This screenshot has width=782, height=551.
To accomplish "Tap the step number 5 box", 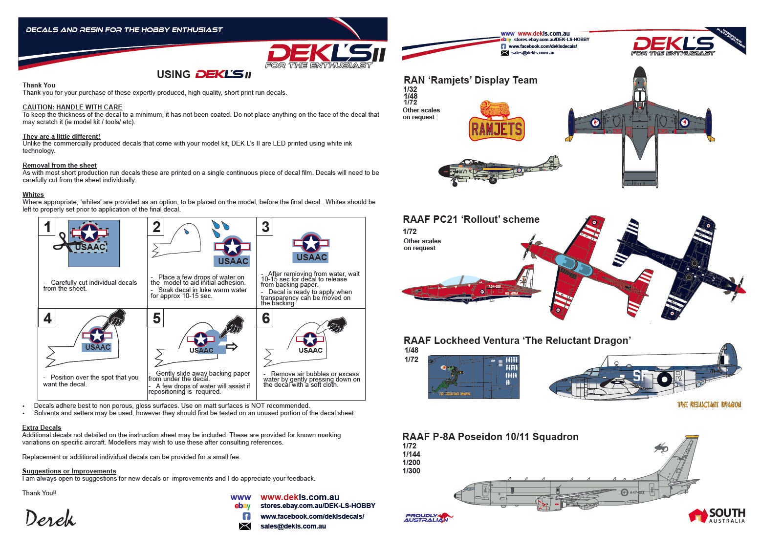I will pyautogui.click(x=156, y=318).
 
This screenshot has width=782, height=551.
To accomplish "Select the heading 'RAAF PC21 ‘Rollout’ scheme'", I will pyautogui.click(x=471, y=219).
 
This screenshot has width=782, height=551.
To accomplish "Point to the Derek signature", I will pyautogui.click(x=50, y=518).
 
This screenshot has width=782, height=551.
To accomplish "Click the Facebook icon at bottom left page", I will pyautogui.click(x=246, y=516).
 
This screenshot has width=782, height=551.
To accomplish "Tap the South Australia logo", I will pyautogui.click(x=717, y=515).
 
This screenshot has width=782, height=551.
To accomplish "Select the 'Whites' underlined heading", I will pyautogui.click(x=33, y=194).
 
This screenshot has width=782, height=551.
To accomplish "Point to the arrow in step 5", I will pyautogui.click(x=232, y=346).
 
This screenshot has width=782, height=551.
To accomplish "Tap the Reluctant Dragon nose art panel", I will pyautogui.click(x=473, y=377).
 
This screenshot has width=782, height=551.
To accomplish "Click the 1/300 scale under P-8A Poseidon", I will pyautogui.click(x=412, y=471).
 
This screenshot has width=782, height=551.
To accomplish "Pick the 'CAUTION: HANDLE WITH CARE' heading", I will pyautogui.click(x=72, y=107).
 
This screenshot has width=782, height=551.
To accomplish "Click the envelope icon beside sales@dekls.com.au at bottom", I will pyautogui.click(x=245, y=526).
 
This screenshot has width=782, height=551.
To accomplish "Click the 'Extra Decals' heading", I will pyautogui.click(x=42, y=427).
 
